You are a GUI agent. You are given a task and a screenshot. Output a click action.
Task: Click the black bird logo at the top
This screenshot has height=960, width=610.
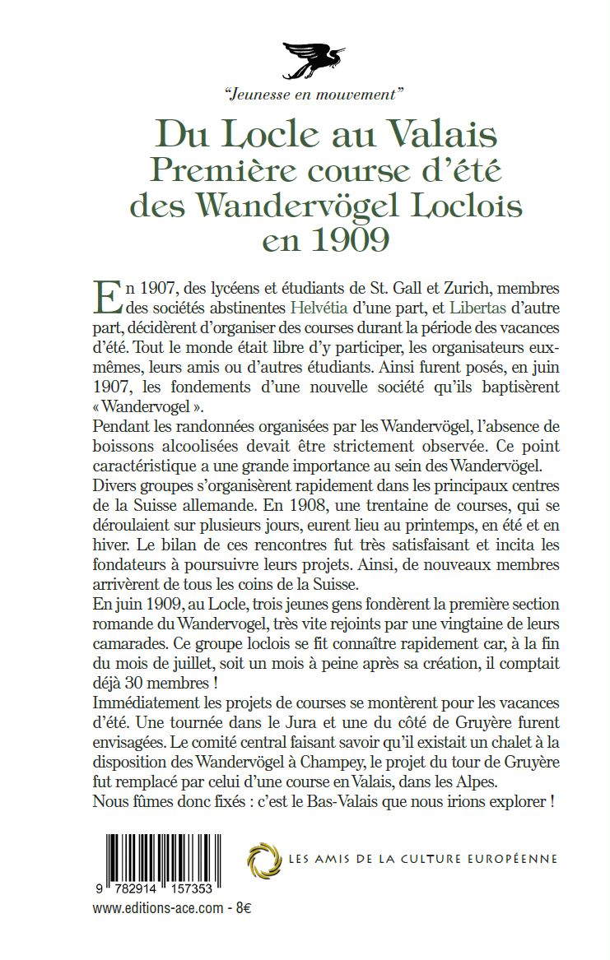click(x=317, y=58)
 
